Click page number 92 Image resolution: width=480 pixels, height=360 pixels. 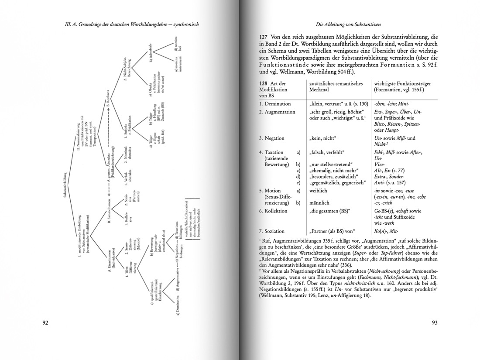tap(45, 323)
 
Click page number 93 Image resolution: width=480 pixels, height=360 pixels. tap(435, 323)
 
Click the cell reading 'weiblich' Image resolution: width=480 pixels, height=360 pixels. tap(319, 191)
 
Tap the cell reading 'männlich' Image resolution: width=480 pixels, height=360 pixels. tap(319, 203)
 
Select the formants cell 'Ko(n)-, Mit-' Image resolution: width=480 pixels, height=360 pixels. tap(387, 231)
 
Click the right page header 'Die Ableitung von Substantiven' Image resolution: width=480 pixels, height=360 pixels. tap(347, 24)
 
